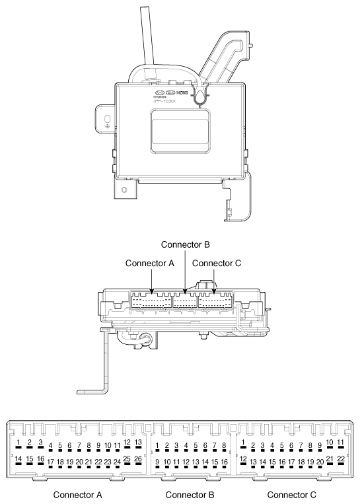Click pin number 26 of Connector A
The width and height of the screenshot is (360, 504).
click(x=137, y=459)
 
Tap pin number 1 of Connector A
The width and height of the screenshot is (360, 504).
click(x=19, y=443)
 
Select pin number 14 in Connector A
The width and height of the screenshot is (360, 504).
click(x=19, y=459)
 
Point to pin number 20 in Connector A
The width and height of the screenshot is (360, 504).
click(x=79, y=461)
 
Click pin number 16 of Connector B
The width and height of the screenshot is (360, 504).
click(x=225, y=461)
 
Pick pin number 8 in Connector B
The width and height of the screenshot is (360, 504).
click(x=225, y=447)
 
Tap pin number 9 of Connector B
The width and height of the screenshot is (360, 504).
click(x=157, y=461)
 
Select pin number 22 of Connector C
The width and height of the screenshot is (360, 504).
click(x=341, y=459)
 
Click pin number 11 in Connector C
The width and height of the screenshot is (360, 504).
click(x=341, y=443)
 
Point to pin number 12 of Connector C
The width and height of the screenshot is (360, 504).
click(x=244, y=459)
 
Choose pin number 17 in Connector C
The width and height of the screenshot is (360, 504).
click(x=292, y=461)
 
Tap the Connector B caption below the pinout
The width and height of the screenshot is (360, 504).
click(x=190, y=494)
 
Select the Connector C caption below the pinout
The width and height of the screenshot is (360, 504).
click(x=291, y=494)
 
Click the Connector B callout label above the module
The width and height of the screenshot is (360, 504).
click(x=186, y=244)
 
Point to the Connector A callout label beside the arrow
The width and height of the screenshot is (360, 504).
click(x=149, y=263)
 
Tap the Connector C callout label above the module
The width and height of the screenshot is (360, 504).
click(x=217, y=263)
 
